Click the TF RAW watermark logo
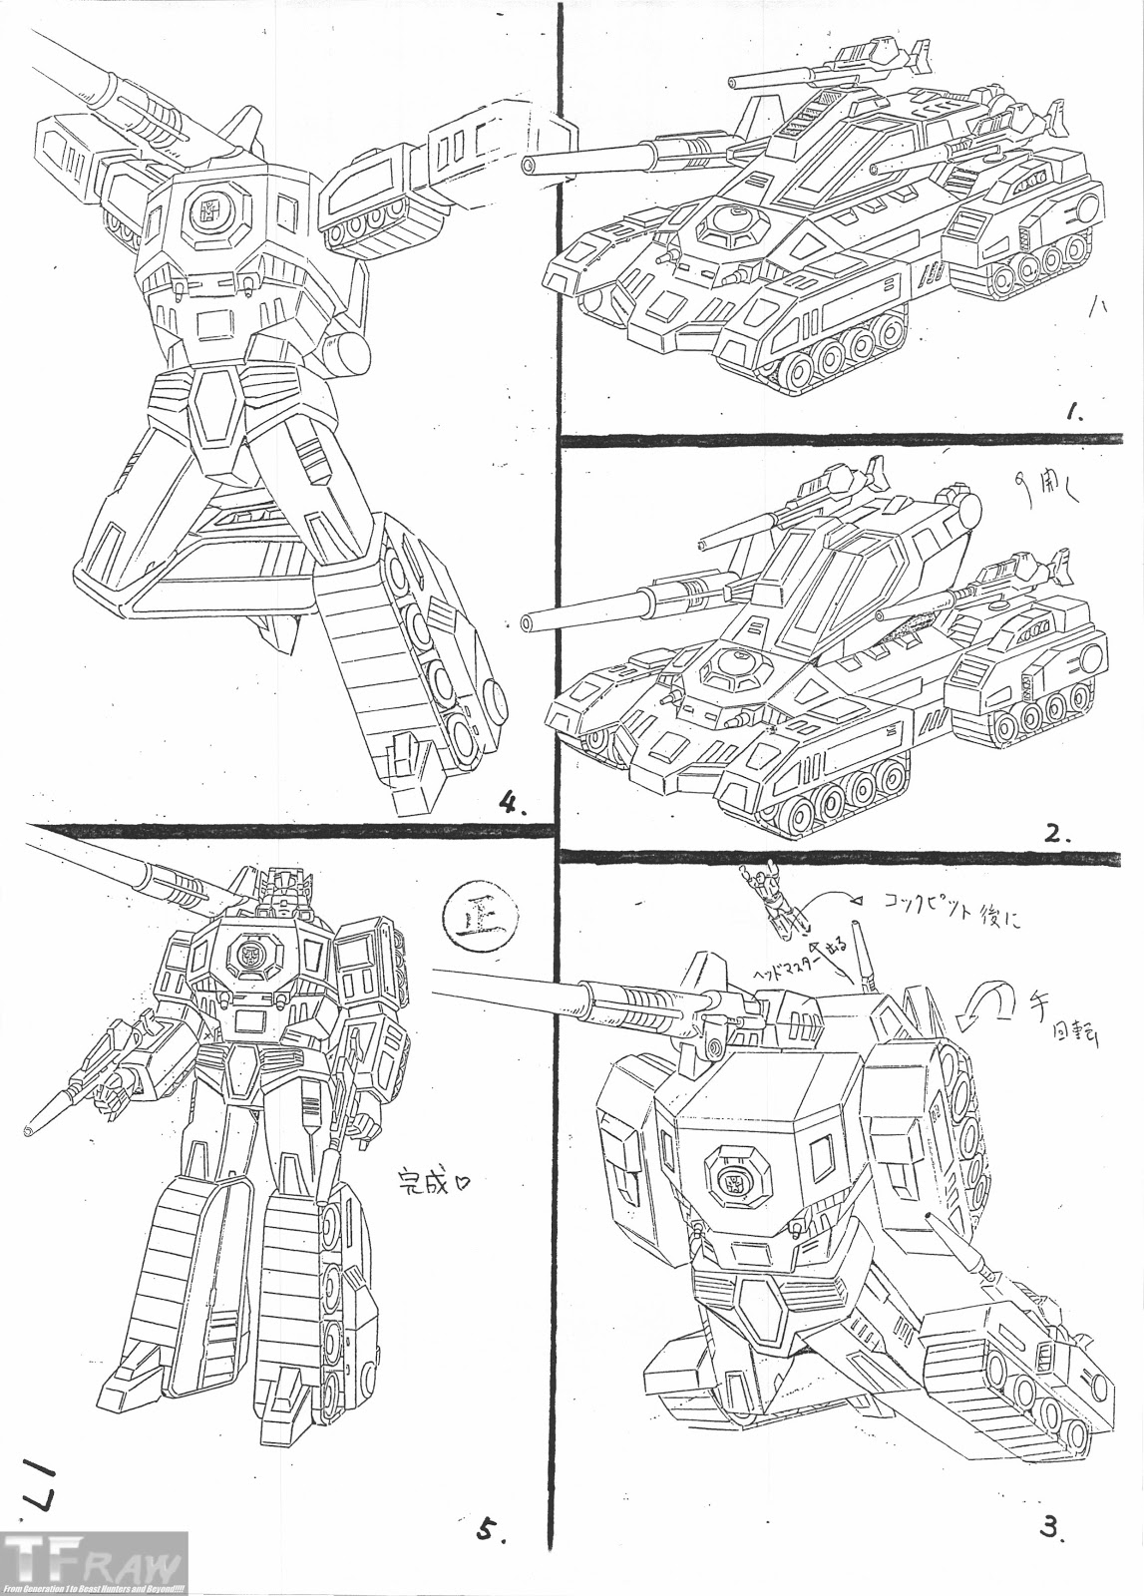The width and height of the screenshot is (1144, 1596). pos(94,1561)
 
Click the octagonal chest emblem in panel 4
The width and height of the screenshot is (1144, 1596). pos(211,211)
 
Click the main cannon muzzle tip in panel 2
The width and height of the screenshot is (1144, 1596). pos(526,624)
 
